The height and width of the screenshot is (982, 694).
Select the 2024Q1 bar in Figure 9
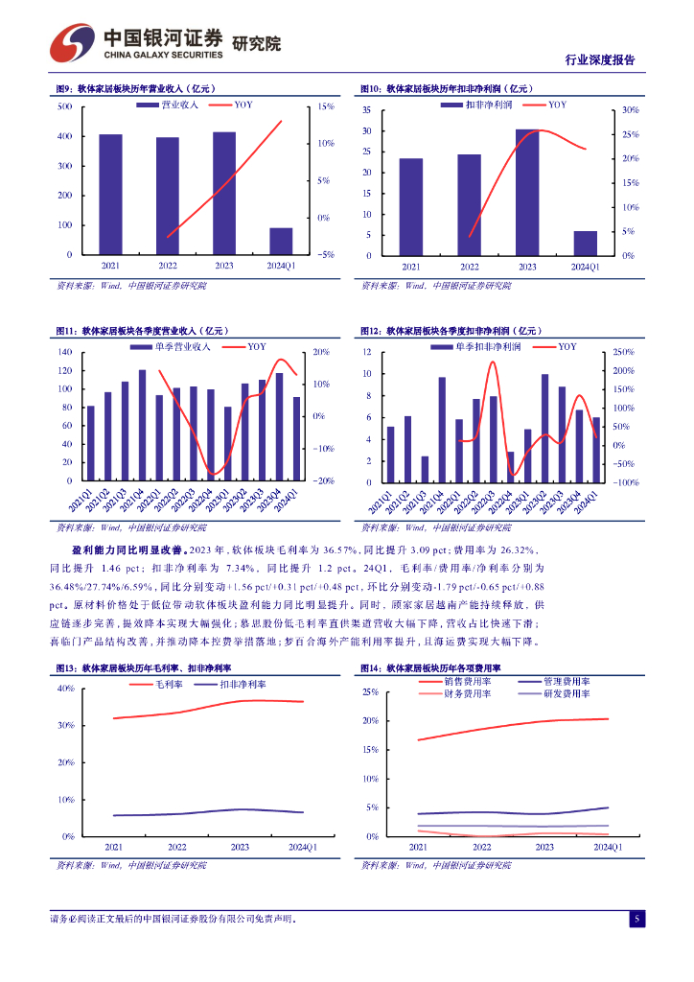(x=281, y=241)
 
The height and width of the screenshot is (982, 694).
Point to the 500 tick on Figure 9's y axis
(x=65, y=106)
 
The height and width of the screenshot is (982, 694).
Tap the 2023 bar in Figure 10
(x=526, y=192)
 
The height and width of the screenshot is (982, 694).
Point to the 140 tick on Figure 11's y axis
(x=65, y=352)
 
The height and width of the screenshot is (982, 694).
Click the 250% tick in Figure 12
(x=626, y=353)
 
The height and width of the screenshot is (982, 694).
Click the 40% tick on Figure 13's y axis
(x=66, y=689)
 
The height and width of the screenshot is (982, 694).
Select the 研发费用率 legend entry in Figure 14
(x=566, y=692)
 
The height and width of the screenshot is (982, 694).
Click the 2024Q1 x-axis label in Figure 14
(x=608, y=848)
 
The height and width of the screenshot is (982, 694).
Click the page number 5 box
(x=636, y=919)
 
